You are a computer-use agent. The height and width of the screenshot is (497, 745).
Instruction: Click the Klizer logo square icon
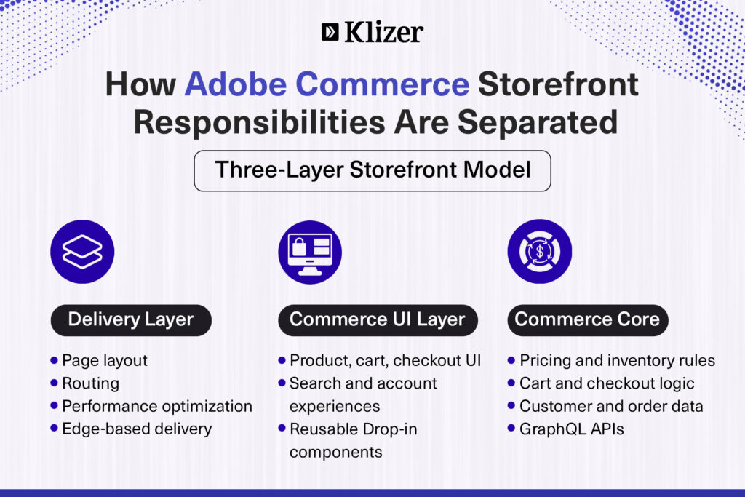click(330, 32)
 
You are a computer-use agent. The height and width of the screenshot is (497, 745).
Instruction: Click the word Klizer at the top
click(384, 32)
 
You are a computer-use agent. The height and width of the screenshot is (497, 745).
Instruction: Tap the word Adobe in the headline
click(236, 84)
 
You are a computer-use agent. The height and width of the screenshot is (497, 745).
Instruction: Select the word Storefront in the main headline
click(558, 84)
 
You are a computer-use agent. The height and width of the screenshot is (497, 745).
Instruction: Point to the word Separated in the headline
click(538, 122)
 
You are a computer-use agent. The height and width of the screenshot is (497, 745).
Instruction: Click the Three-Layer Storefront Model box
click(372, 171)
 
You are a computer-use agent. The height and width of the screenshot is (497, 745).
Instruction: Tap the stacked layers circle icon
click(82, 252)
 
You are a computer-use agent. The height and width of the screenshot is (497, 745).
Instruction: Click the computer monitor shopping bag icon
click(310, 252)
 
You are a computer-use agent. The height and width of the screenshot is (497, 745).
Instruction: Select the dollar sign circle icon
click(540, 251)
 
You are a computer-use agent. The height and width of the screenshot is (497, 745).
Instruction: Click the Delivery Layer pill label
click(131, 319)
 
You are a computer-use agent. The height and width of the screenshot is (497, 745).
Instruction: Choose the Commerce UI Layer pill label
click(378, 319)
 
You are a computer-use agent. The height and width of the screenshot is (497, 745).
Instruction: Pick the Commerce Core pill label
click(588, 319)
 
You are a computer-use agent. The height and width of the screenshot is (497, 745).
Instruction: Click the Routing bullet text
click(91, 383)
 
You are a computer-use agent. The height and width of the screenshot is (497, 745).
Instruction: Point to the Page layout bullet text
click(105, 361)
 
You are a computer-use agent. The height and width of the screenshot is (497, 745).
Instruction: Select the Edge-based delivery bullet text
click(137, 429)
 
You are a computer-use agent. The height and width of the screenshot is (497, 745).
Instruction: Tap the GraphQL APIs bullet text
click(572, 429)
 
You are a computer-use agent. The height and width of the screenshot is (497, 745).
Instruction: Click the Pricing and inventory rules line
click(617, 361)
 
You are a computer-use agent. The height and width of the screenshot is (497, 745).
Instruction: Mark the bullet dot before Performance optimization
click(54, 406)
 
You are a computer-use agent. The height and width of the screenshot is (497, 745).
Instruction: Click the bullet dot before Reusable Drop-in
click(282, 429)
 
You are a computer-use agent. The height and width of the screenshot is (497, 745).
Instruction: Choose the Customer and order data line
click(611, 407)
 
